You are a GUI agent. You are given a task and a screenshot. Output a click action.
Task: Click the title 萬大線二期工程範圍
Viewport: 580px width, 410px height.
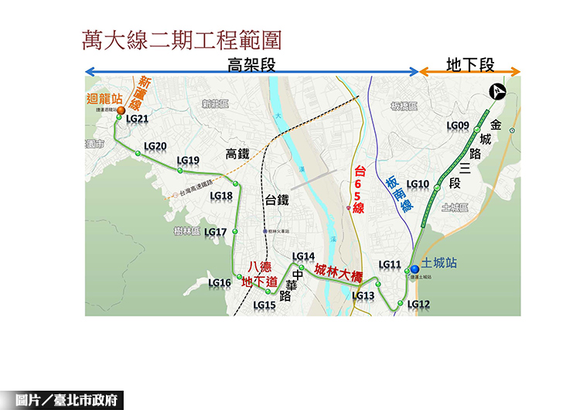pyautogui.click(x=181, y=40)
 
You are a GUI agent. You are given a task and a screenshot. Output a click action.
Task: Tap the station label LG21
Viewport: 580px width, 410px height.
pyautogui.click(x=137, y=118)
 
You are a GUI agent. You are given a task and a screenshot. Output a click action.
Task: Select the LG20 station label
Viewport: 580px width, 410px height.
pyautogui.click(x=155, y=146)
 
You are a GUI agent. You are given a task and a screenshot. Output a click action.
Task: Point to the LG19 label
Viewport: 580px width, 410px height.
pyautogui.click(x=188, y=161)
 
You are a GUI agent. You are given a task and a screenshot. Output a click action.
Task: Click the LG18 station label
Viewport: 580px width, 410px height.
pyautogui.click(x=221, y=196)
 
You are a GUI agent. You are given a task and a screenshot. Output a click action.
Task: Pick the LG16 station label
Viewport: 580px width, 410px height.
pyautogui.click(x=220, y=283)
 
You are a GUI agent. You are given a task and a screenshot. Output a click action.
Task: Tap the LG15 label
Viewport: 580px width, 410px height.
pyautogui.click(x=264, y=305)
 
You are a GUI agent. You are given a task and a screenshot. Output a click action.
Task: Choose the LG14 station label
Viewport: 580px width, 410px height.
pyautogui.click(x=303, y=257)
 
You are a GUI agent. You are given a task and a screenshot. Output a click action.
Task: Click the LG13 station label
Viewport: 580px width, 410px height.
pyautogui.click(x=363, y=296)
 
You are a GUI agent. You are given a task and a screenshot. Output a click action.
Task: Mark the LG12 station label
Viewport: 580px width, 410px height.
pyautogui.click(x=418, y=304)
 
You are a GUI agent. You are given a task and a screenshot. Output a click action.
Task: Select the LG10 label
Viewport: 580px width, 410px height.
pyautogui.click(x=418, y=184)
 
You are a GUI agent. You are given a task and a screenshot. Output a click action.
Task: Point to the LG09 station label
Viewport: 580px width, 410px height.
pyautogui.click(x=458, y=125)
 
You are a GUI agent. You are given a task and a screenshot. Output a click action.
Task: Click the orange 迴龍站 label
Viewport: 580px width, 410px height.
pyautogui.click(x=105, y=99)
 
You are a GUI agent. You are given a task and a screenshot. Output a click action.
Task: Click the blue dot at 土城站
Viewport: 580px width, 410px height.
pyautogui.click(x=415, y=269)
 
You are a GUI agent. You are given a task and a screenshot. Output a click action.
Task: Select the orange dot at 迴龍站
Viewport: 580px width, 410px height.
pyautogui.click(x=121, y=111)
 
